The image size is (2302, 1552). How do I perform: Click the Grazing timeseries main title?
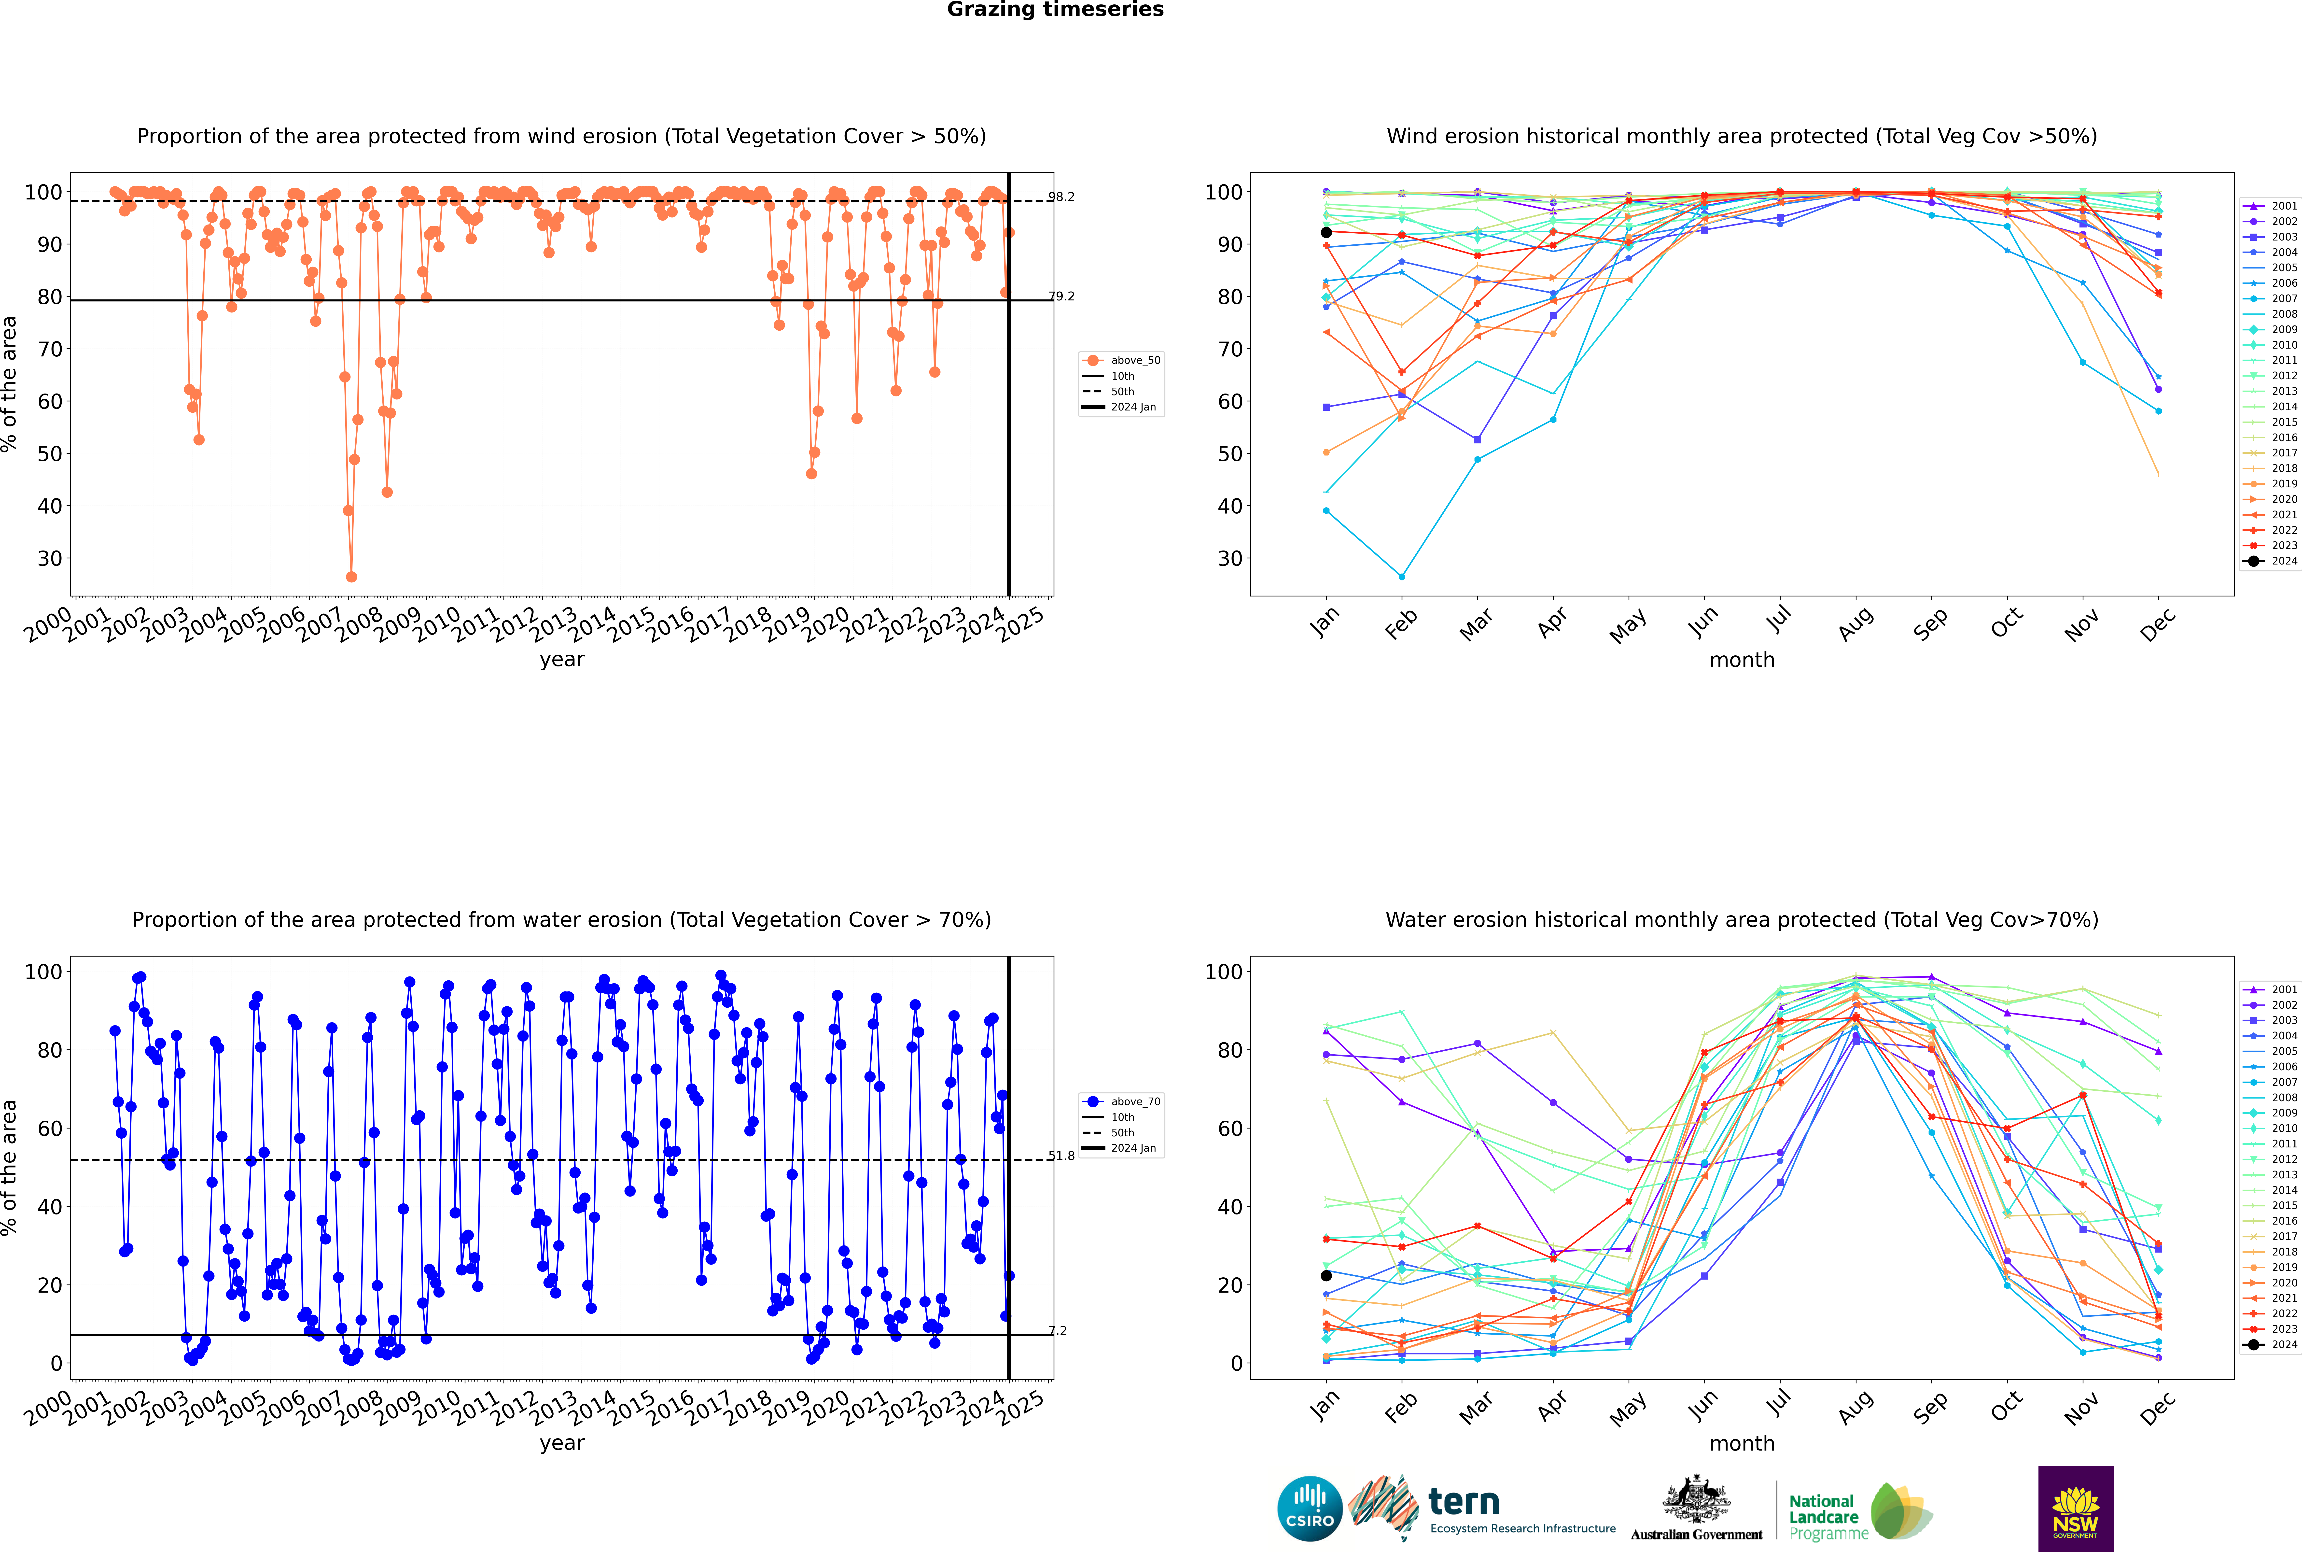(x=1055, y=10)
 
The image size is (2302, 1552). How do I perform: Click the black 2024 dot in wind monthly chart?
(x=1326, y=233)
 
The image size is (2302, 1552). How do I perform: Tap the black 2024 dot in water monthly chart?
(x=1326, y=1276)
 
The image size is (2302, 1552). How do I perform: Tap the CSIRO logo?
(x=1309, y=1510)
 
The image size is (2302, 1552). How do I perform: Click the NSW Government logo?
(x=2075, y=1509)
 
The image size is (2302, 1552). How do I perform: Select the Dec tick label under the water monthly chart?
(x=2158, y=1408)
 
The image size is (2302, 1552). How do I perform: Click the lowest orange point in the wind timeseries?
(x=351, y=577)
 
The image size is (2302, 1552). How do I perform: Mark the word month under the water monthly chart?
(x=1742, y=1444)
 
